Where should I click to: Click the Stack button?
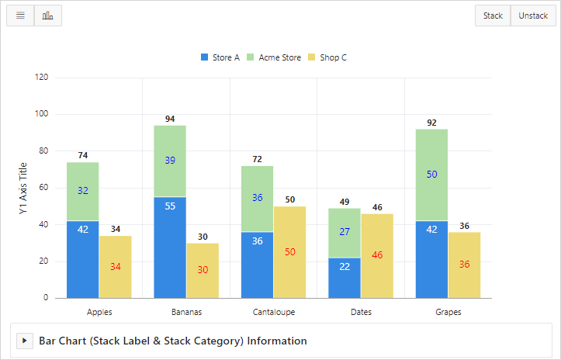click(x=493, y=16)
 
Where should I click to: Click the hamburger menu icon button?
click(x=20, y=16)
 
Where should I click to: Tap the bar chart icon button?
click(x=48, y=16)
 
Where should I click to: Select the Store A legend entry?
click(x=220, y=57)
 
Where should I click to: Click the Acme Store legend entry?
click(x=274, y=57)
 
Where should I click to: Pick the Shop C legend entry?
click(x=327, y=57)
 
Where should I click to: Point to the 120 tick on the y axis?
click(x=41, y=78)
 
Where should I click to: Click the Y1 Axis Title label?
click(x=23, y=188)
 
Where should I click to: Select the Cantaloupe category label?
click(x=274, y=312)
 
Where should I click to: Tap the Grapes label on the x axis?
click(x=448, y=312)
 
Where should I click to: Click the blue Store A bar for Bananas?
click(x=170, y=247)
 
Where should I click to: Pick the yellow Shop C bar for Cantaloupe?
click(x=290, y=252)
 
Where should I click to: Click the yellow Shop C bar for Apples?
click(x=115, y=267)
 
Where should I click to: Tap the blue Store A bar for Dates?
click(x=345, y=278)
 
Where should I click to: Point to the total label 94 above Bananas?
click(x=170, y=119)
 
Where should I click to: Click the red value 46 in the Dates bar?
click(x=377, y=254)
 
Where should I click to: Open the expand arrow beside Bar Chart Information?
click(x=24, y=341)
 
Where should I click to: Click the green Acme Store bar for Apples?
click(x=82, y=192)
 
